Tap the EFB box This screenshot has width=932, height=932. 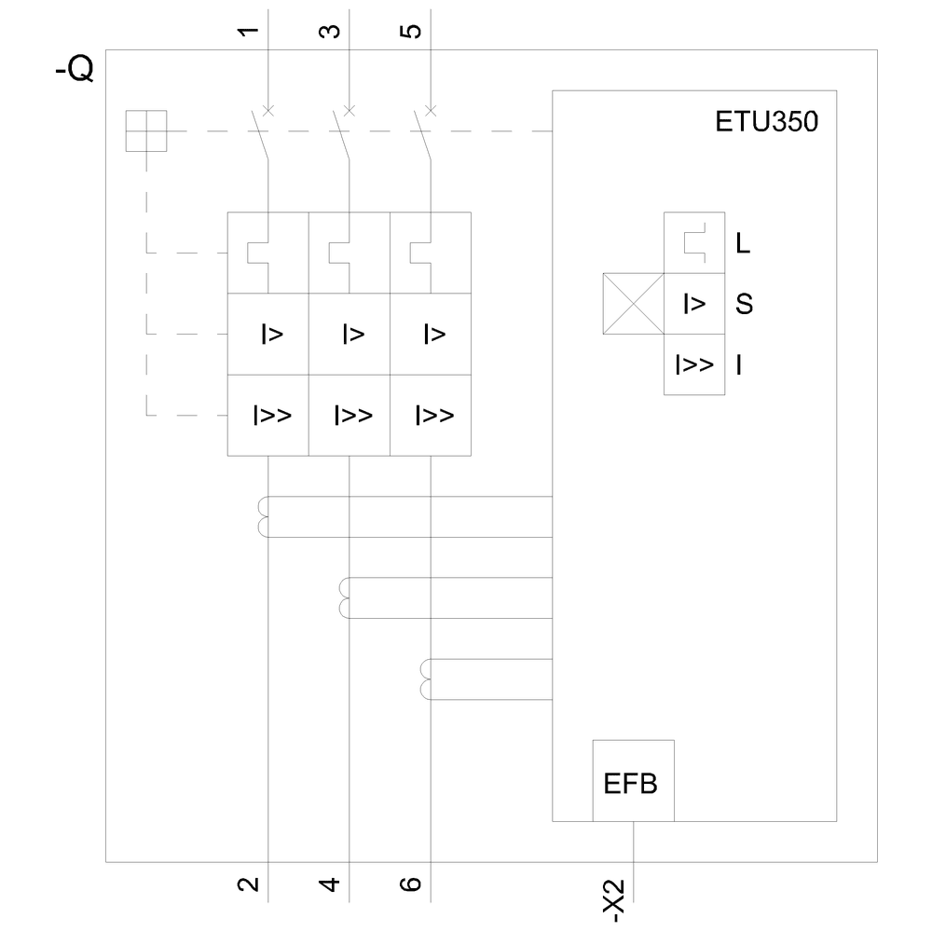(x=632, y=782)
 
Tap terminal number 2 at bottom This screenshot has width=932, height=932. (x=248, y=884)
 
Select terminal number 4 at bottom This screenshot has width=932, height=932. (x=330, y=884)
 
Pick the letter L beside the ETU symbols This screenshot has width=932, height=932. (x=743, y=244)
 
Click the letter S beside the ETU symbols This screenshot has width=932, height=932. (x=744, y=304)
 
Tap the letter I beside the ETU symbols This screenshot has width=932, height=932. (x=739, y=364)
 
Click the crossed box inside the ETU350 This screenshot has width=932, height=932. (x=633, y=304)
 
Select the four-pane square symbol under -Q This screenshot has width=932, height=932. (x=146, y=130)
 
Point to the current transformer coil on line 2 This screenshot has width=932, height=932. (x=262, y=517)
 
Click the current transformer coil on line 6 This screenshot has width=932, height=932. (x=426, y=678)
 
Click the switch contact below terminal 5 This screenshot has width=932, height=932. (x=425, y=135)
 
